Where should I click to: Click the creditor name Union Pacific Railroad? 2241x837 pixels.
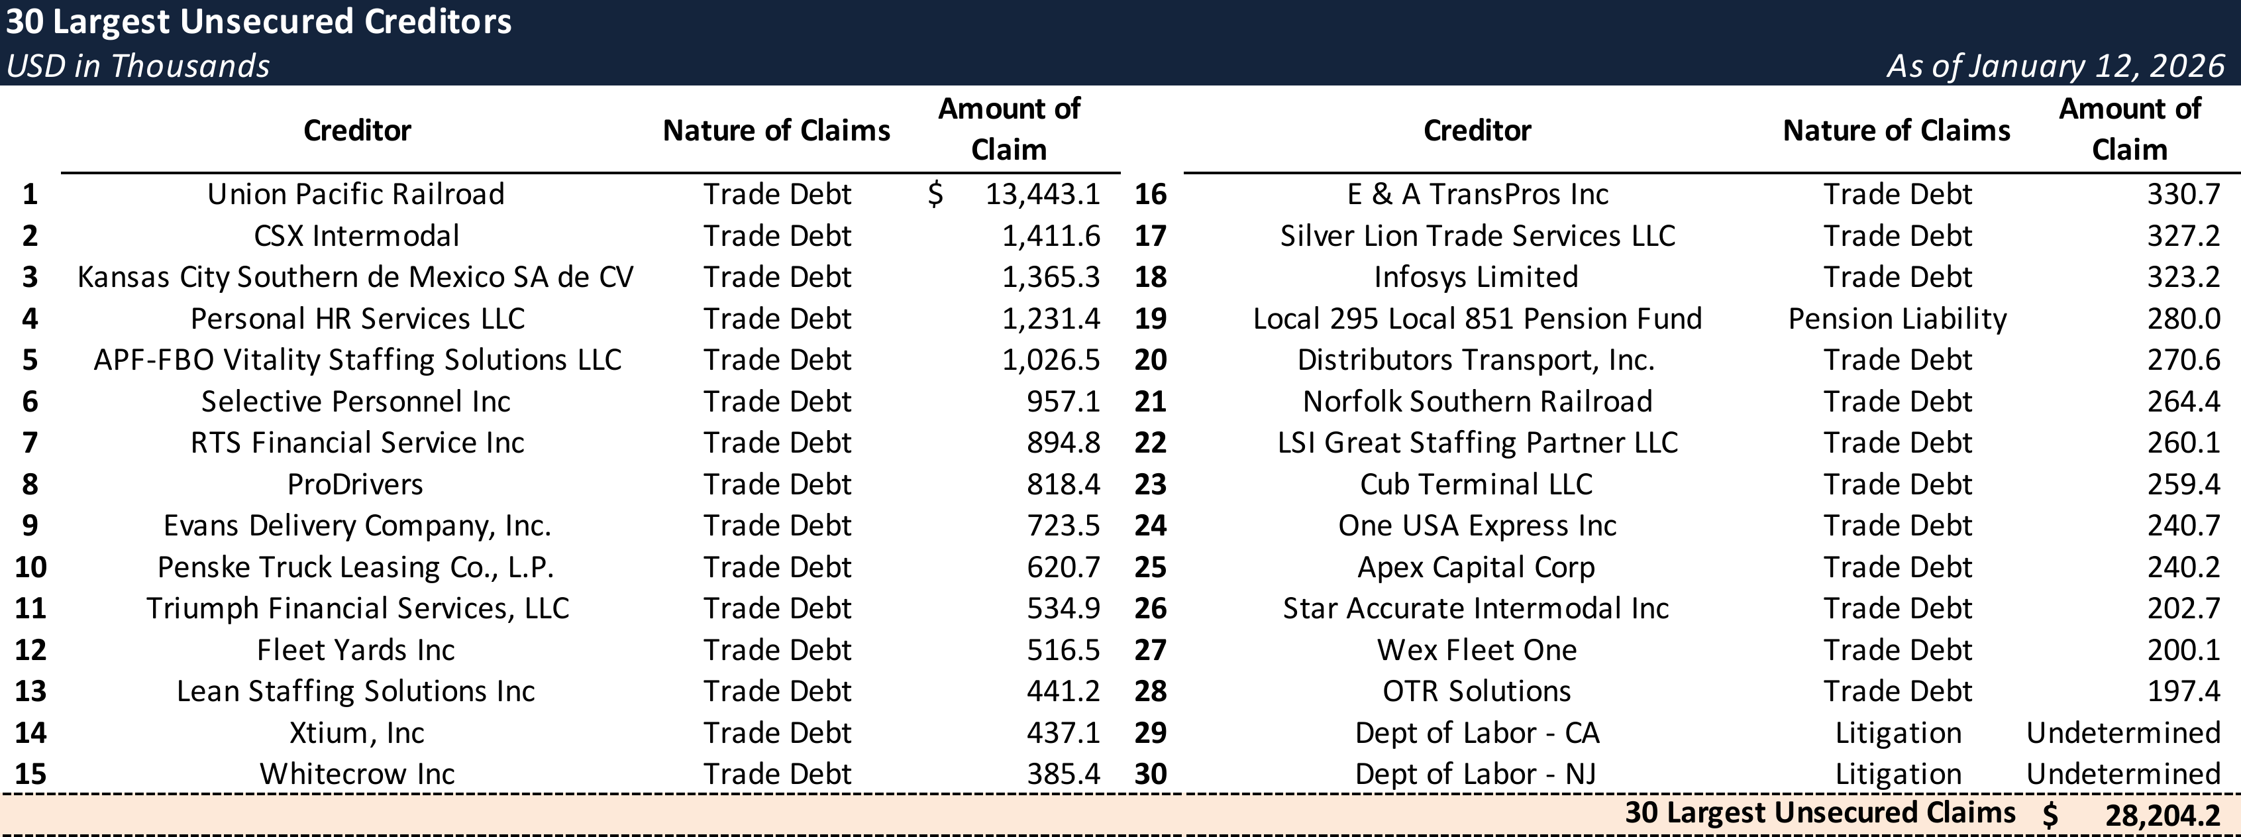[356, 194]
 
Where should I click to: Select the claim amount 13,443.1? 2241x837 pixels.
[1042, 194]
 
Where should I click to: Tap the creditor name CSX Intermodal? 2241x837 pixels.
[356, 236]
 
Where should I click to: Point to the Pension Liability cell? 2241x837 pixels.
[1897, 319]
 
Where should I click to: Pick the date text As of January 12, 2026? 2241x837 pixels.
[2055, 66]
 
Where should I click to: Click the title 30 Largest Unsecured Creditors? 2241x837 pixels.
[258, 22]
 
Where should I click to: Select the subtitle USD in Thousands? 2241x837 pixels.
[137, 66]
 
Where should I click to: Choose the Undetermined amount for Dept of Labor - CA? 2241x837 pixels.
[2122, 732]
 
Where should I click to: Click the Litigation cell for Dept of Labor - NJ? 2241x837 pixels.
[1897, 773]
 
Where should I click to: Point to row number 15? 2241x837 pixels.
[30, 773]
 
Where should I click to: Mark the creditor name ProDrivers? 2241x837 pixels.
[355, 484]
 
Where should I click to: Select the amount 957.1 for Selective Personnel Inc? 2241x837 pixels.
[1063, 401]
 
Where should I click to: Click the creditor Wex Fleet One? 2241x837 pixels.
[1477, 650]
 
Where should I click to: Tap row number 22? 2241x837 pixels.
[1150, 443]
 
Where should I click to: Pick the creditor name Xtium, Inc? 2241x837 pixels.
[356, 732]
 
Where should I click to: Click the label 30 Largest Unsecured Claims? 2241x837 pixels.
[1819, 812]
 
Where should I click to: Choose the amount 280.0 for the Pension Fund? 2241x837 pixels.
[2183, 319]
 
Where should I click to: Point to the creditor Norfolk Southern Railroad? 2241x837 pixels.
[1477, 401]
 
